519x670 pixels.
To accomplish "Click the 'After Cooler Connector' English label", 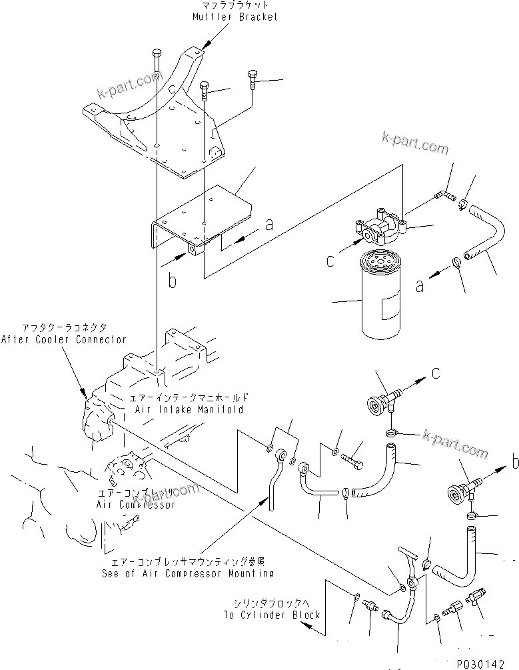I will tap(63, 339).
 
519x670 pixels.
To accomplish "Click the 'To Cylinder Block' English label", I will tap(276, 614).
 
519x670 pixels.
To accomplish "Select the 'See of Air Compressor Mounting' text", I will tap(188, 573).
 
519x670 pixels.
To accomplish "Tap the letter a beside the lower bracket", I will tap(268, 225).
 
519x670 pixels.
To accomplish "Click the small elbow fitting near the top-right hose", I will tap(442, 194).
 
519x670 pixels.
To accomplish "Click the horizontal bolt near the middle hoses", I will tap(354, 460).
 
